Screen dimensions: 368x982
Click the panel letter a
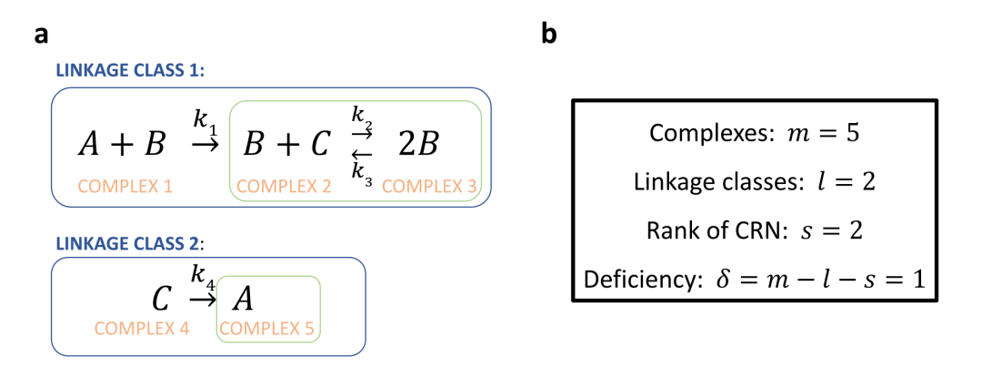coord(41,36)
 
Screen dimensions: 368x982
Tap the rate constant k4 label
coord(202,273)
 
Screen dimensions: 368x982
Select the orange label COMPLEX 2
coord(283,187)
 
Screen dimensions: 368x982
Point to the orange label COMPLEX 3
coord(429,187)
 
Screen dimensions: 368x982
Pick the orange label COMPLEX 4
coord(141,328)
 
